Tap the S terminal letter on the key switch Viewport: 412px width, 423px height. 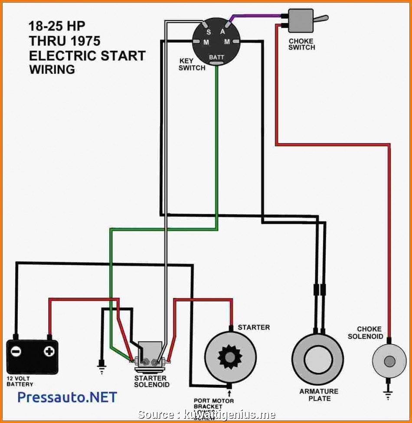click(x=208, y=32)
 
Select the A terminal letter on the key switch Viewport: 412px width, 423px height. click(x=222, y=31)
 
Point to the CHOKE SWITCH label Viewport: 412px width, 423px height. click(x=301, y=44)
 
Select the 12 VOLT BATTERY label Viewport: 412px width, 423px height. click(x=20, y=381)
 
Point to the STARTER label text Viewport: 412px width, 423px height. click(x=254, y=327)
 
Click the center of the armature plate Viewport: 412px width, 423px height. click(x=317, y=359)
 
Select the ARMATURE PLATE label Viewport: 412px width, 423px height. click(x=318, y=395)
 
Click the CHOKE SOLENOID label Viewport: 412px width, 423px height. click(x=369, y=333)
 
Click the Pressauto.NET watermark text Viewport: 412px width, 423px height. click(x=67, y=397)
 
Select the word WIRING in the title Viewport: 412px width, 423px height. click(x=52, y=69)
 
